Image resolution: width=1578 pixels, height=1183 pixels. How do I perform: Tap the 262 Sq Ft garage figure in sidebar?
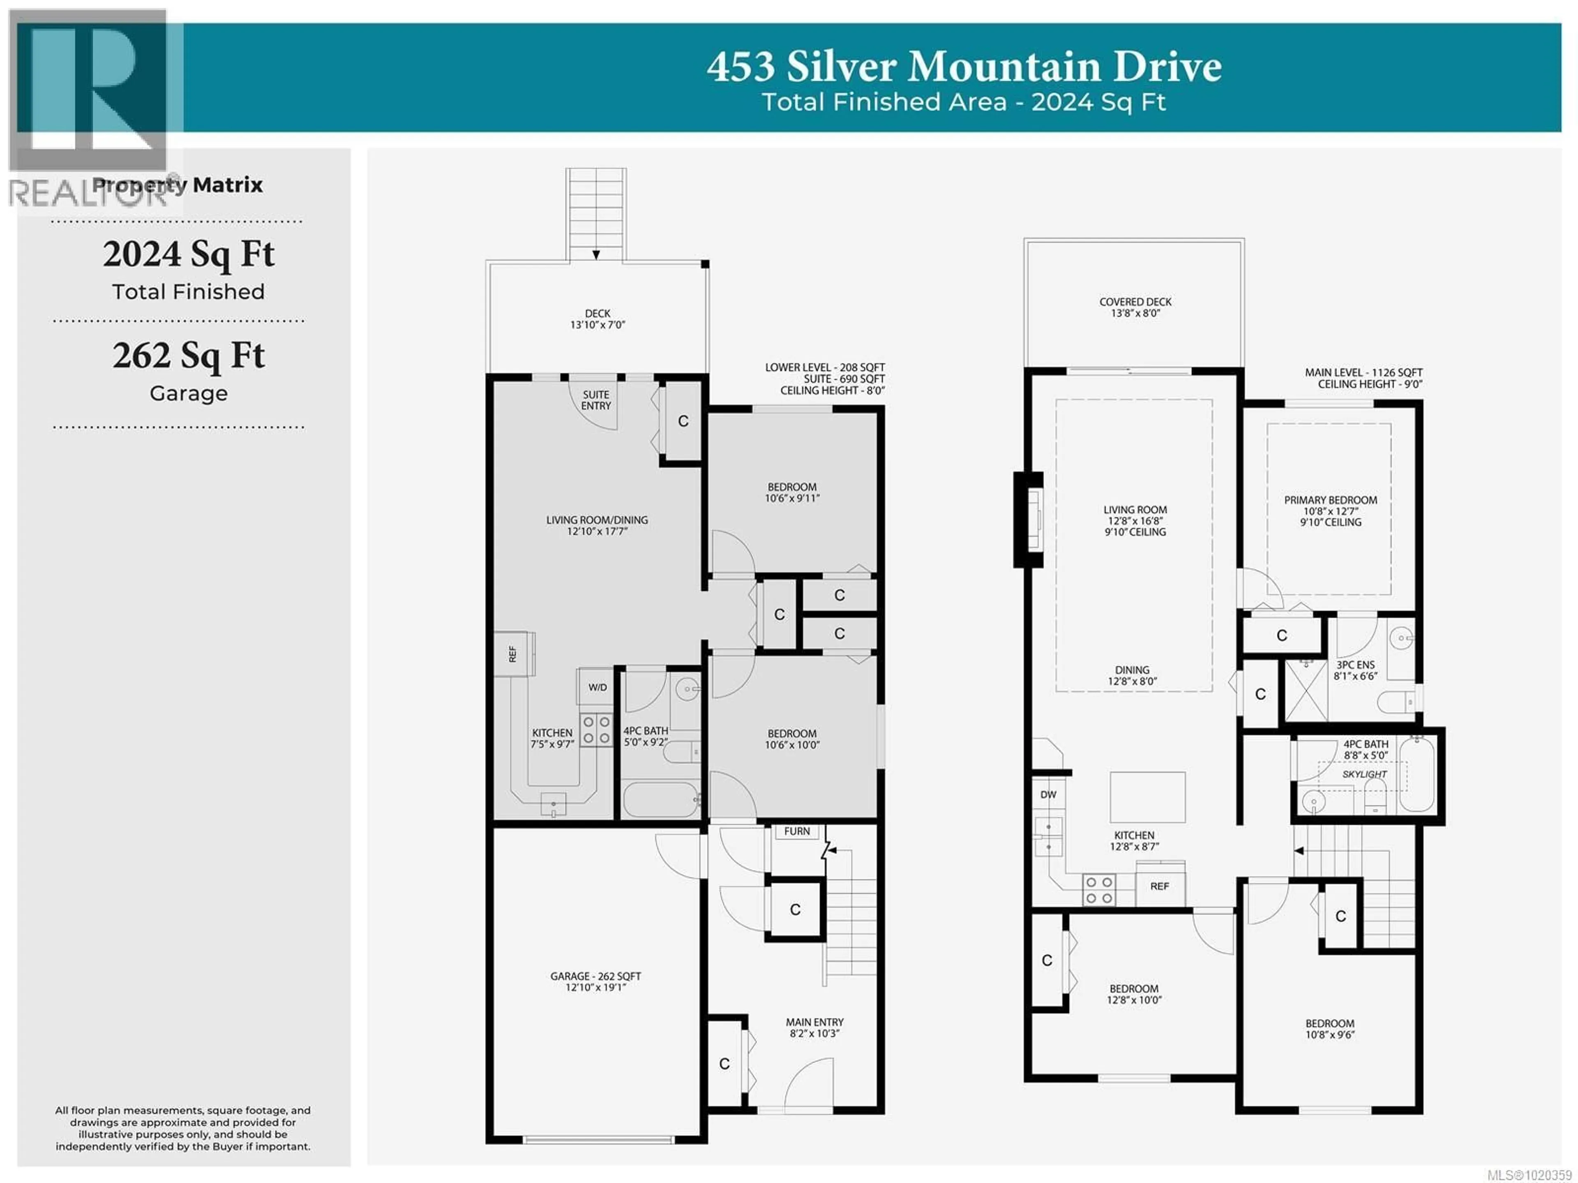pos(188,355)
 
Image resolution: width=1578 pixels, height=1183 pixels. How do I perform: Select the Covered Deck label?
pos(1135,307)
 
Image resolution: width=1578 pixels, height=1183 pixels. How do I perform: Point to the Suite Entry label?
pos(596,400)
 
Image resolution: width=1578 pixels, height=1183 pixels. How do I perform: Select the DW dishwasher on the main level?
pos(1048,794)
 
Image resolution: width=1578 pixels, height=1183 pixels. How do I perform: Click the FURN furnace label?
pos(797,831)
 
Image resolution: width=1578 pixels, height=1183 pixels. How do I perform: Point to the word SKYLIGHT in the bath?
pos(1364,774)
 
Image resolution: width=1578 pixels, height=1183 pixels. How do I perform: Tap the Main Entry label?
pos(814,1028)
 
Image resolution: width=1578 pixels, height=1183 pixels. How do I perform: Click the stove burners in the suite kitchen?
pos(596,729)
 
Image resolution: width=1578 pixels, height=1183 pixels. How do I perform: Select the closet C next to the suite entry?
pos(683,421)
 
